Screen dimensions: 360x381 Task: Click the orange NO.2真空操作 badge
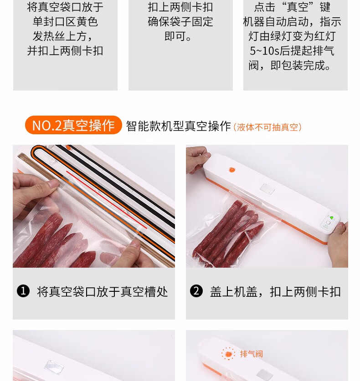73,125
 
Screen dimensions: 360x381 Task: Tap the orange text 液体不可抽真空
267,127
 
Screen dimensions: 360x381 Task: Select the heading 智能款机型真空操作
178,126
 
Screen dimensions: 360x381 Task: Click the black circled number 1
23,291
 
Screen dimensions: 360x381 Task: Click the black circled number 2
196,291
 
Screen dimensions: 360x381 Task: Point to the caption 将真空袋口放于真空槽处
103,292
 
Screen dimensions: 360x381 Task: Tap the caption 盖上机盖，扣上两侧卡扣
275,292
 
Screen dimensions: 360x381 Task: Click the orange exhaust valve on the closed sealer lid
232,170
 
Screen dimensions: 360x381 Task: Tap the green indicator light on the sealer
331,218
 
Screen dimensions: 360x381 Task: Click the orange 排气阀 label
251,354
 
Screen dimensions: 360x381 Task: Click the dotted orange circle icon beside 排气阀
228,354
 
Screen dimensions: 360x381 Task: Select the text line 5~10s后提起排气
292,51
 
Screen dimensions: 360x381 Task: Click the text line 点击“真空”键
292,7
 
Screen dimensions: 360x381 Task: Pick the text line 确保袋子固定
180,22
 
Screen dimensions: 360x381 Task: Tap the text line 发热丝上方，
62,36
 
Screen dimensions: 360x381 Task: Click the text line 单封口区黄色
65,22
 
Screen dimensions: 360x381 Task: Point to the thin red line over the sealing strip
107,200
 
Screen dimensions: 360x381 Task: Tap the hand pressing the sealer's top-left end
197,159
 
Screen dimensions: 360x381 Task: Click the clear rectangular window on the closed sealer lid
267,189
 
